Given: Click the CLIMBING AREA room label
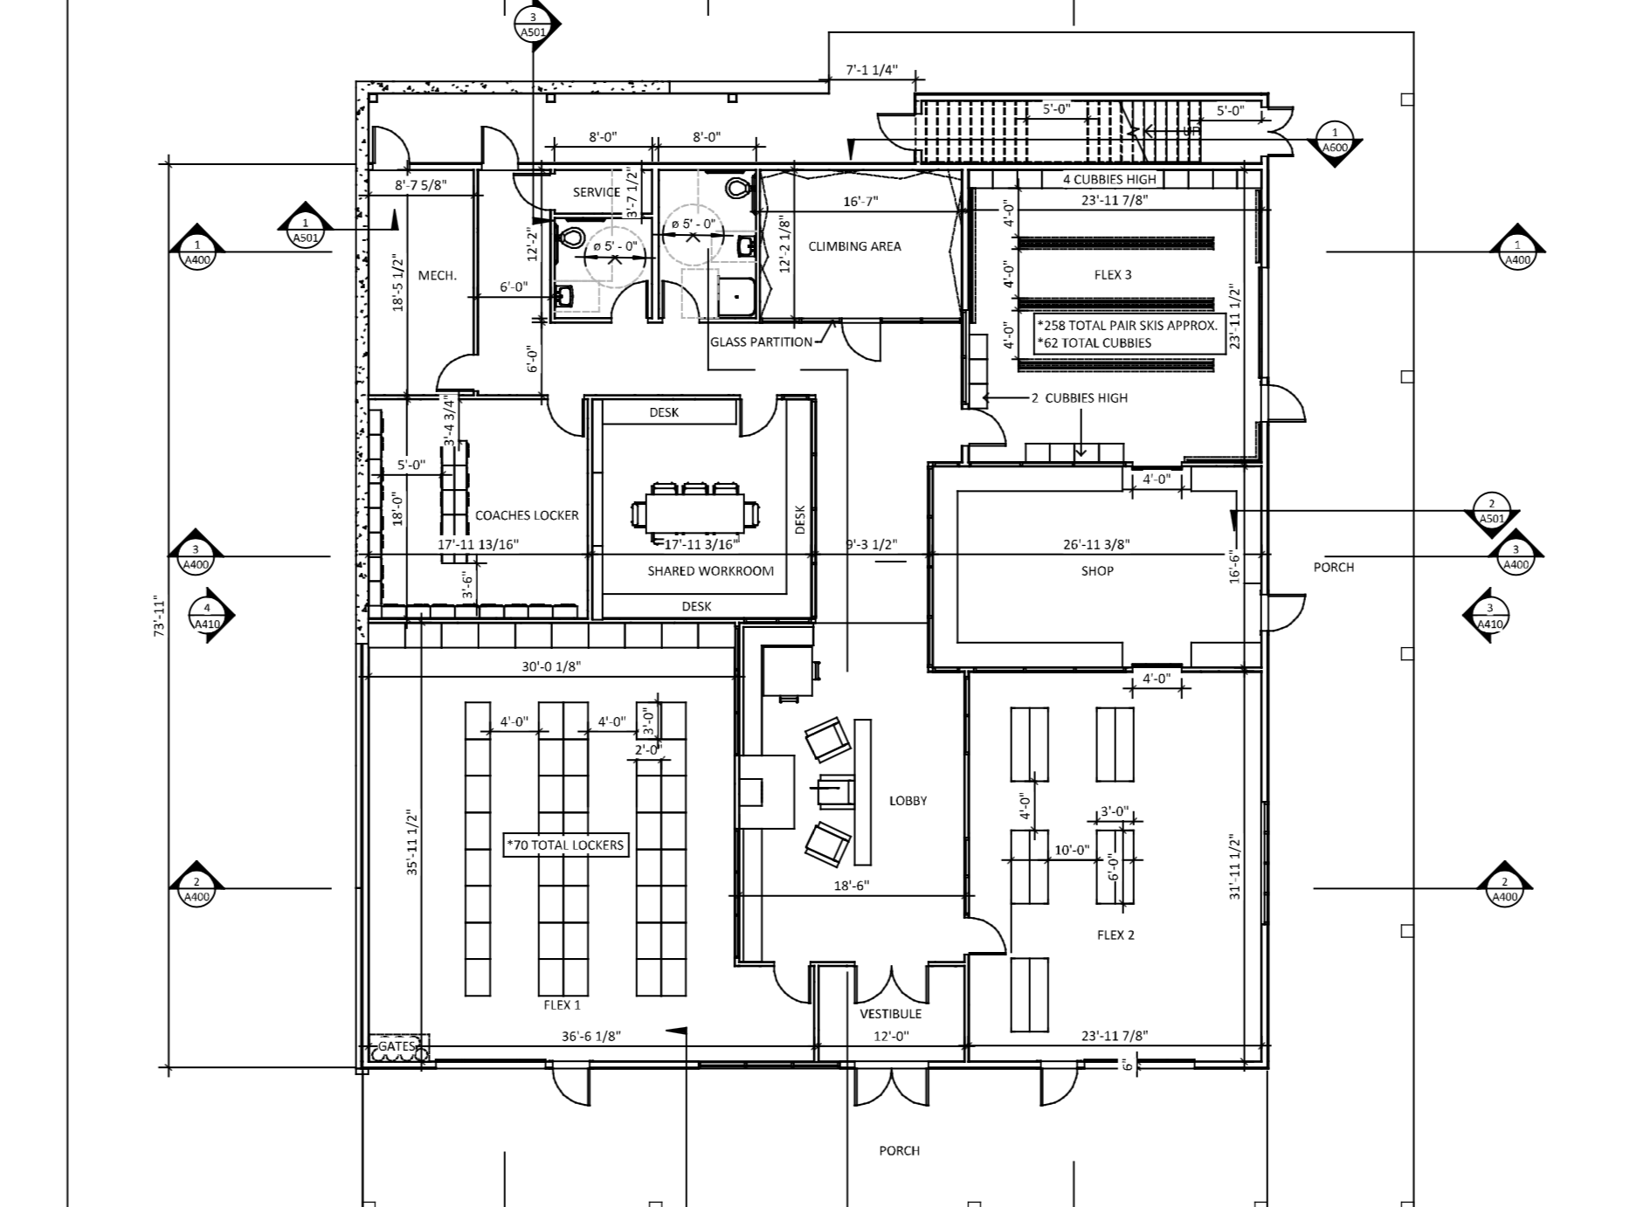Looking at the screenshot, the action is click(x=854, y=246).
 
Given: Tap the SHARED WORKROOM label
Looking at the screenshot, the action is click(x=710, y=571).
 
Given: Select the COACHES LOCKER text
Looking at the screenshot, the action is click(x=527, y=515).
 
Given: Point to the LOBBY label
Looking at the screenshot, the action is click(x=908, y=801).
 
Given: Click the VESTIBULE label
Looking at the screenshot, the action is click(x=890, y=1014).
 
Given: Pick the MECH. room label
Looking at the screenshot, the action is click(x=437, y=276).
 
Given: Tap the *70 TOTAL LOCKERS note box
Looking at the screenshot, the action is click(x=565, y=845).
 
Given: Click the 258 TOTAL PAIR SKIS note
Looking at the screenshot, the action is click(x=1128, y=325).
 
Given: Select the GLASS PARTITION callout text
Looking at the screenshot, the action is click(x=761, y=342).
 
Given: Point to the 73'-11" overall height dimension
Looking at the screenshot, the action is click(x=160, y=617).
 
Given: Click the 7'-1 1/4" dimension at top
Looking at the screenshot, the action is click(x=871, y=71).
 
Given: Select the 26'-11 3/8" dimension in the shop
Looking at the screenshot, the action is click(x=1096, y=544).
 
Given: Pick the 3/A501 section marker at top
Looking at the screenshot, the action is click(x=533, y=24).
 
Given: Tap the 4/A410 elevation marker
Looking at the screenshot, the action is click(x=207, y=616).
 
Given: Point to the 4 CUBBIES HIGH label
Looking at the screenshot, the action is click(x=1109, y=180).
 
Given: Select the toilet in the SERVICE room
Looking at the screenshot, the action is click(x=570, y=237).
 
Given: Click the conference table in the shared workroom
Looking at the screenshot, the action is click(x=694, y=513).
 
